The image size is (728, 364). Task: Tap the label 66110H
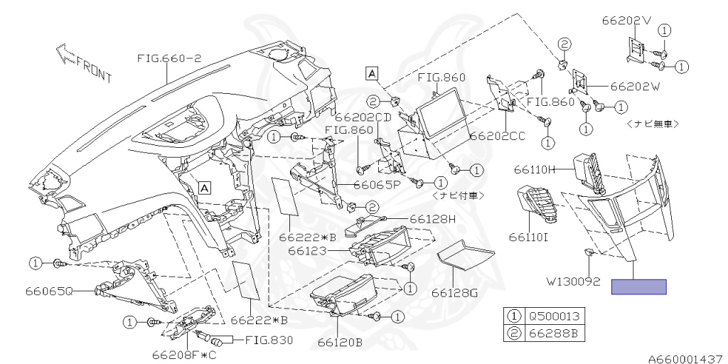pyautogui.click(x=535, y=171)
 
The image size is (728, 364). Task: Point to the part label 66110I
pyautogui.click(x=528, y=238)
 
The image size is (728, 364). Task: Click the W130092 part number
pyautogui.click(x=573, y=282)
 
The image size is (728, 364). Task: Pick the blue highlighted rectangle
pyautogui.click(x=639, y=287)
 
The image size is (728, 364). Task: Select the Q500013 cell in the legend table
pyautogui.click(x=555, y=316)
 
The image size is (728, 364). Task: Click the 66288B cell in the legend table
pyautogui.click(x=555, y=334)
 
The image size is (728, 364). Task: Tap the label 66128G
pyautogui.click(x=454, y=293)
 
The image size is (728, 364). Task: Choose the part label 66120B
pyautogui.click(x=341, y=343)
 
